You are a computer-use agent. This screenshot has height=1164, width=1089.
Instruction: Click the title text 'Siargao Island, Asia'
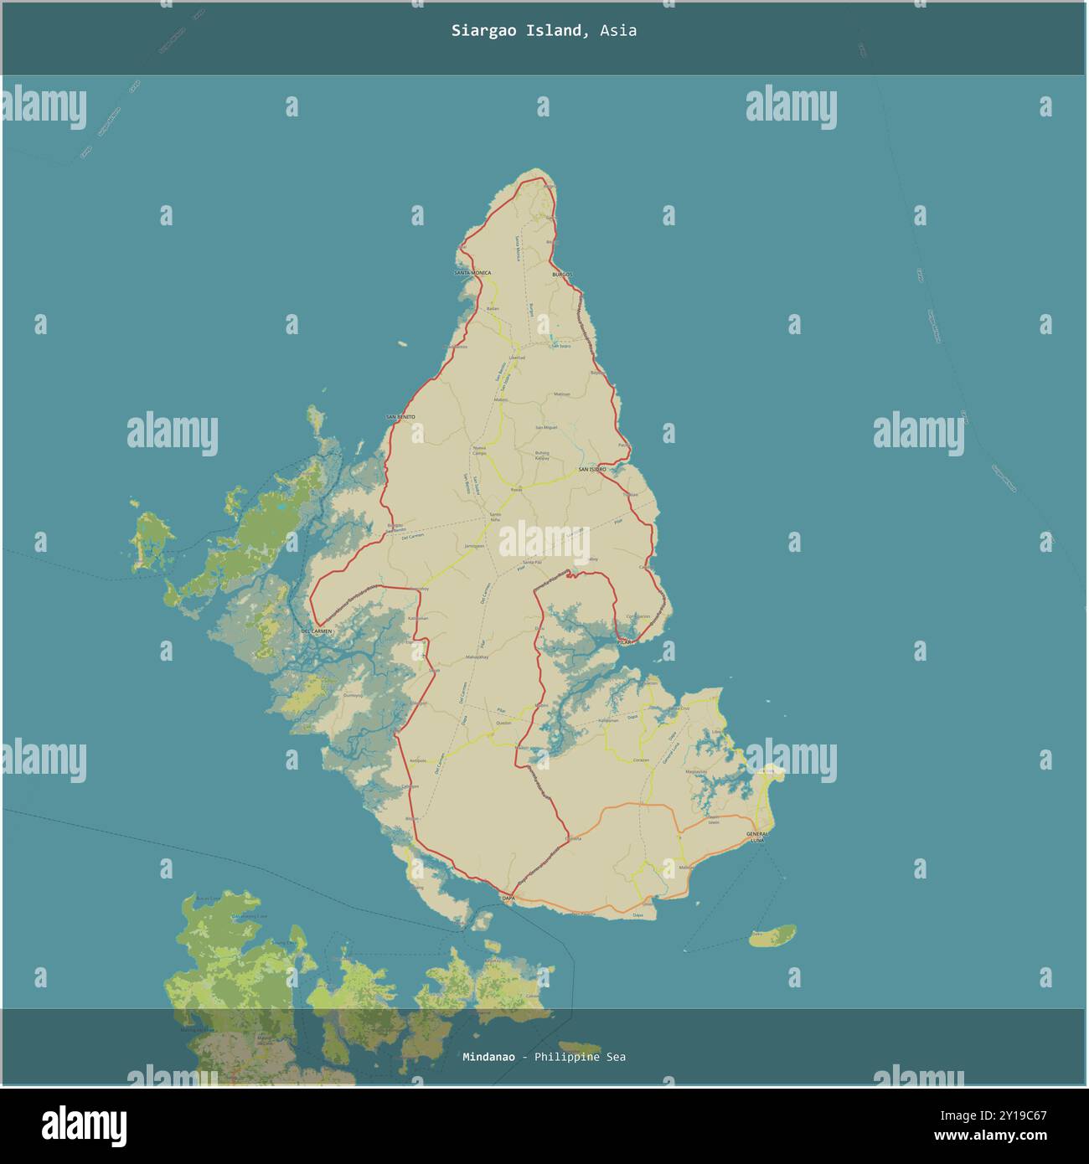pyautogui.click(x=544, y=31)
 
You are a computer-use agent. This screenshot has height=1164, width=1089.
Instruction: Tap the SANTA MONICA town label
pyautogui.click(x=472, y=273)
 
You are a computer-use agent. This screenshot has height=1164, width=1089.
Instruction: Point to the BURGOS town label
pyautogui.click(x=561, y=275)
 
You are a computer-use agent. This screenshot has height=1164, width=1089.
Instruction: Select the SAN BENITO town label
pyautogui.click(x=400, y=416)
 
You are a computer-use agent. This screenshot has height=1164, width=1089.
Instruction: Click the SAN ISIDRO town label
pyautogui.click(x=591, y=470)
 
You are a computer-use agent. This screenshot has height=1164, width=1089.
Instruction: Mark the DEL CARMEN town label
pyautogui.click(x=317, y=630)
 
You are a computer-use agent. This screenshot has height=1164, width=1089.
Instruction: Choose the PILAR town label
pyautogui.click(x=625, y=642)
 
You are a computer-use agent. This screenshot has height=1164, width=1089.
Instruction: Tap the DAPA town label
pyautogui.click(x=508, y=898)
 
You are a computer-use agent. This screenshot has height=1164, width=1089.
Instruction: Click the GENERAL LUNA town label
pyautogui.click(x=757, y=837)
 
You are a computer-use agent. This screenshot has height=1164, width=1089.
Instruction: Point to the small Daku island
pyautogui.click(x=772, y=935)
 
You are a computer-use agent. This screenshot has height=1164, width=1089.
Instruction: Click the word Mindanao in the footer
pyautogui.click(x=488, y=1057)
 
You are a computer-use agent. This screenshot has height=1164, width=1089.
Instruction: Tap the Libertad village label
pyautogui.click(x=516, y=358)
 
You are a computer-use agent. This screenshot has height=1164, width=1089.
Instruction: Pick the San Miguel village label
pyautogui.click(x=546, y=428)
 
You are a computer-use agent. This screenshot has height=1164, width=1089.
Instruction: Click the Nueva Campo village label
pyautogui.click(x=479, y=451)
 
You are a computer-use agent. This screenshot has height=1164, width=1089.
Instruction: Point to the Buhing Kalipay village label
pyautogui.click(x=542, y=456)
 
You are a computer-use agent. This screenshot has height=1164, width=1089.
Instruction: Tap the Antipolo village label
pyautogui.click(x=420, y=760)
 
